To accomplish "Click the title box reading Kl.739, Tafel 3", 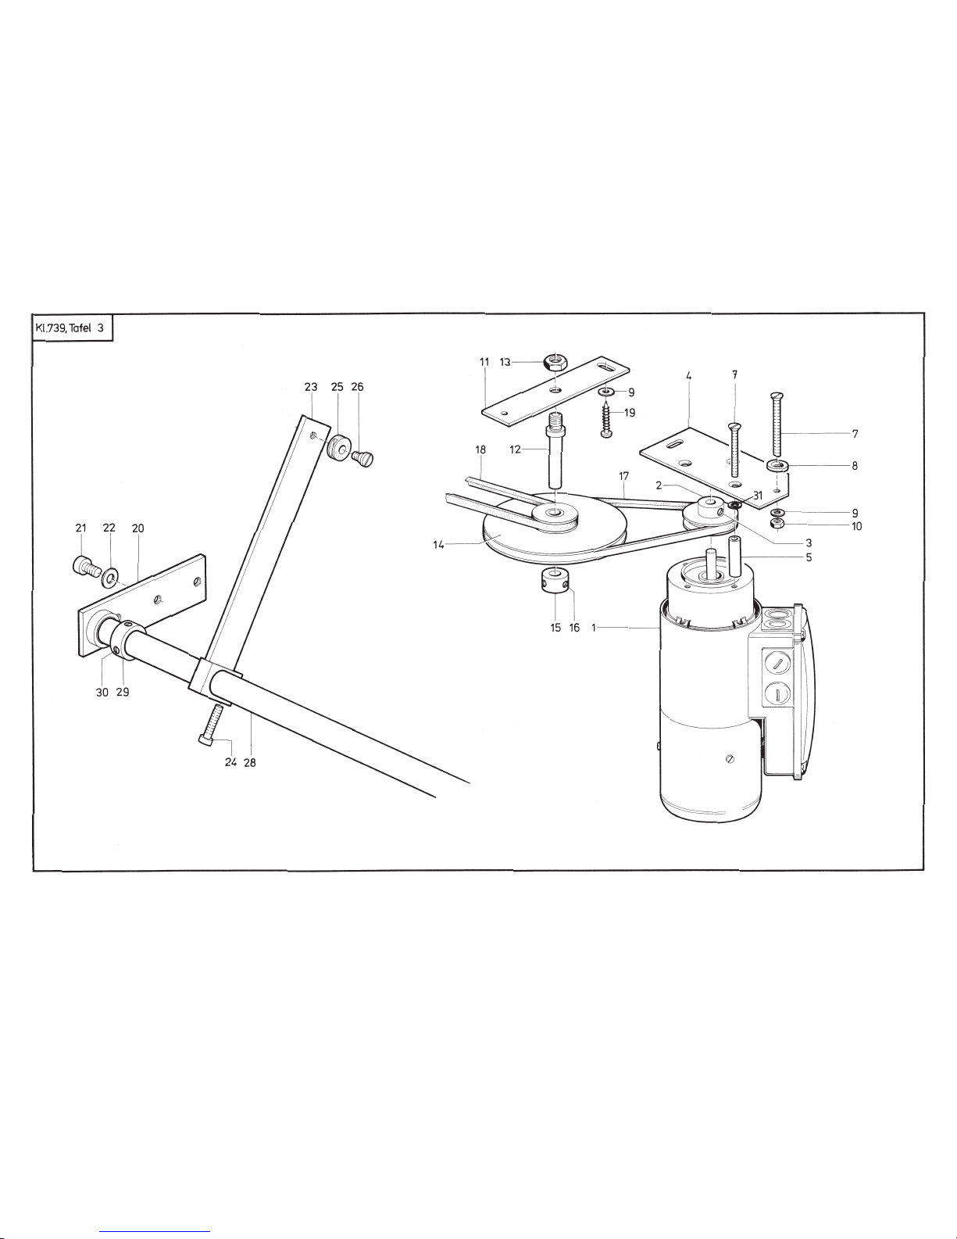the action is tap(73, 328).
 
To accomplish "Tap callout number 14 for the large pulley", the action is tap(438, 545).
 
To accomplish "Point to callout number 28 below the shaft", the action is tap(249, 763).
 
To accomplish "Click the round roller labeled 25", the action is tap(340, 449).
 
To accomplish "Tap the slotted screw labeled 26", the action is tap(362, 458).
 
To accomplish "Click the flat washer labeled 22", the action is tap(109, 578).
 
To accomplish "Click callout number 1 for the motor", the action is tap(594, 628).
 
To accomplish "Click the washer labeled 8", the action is tap(777, 466).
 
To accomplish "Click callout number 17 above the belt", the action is tap(623, 476).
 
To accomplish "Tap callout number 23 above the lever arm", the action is tap(310, 387).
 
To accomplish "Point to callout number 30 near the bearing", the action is tap(102, 692).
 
